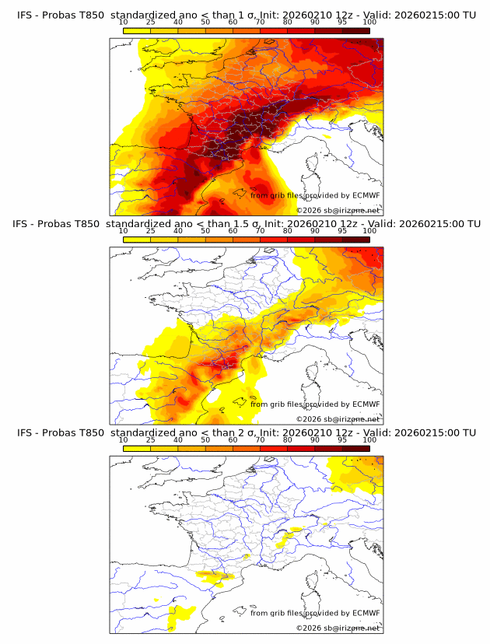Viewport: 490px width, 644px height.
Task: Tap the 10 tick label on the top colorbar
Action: coord(124,22)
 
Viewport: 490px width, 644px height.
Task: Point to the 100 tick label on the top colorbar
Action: coord(369,22)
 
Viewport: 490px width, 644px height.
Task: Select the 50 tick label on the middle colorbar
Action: coord(205,231)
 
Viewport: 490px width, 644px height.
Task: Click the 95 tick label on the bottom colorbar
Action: coord(342,440)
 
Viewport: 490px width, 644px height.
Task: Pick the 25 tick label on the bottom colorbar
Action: coord(151,440)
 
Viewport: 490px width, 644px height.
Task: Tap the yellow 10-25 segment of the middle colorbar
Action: coord(137,240)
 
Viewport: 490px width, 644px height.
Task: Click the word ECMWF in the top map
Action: coord(366,195)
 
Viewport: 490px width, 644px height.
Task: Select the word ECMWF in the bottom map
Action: coord(366,613)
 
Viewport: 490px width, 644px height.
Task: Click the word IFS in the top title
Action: coord(26,15)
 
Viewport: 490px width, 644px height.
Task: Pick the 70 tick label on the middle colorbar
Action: coord(261,231)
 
